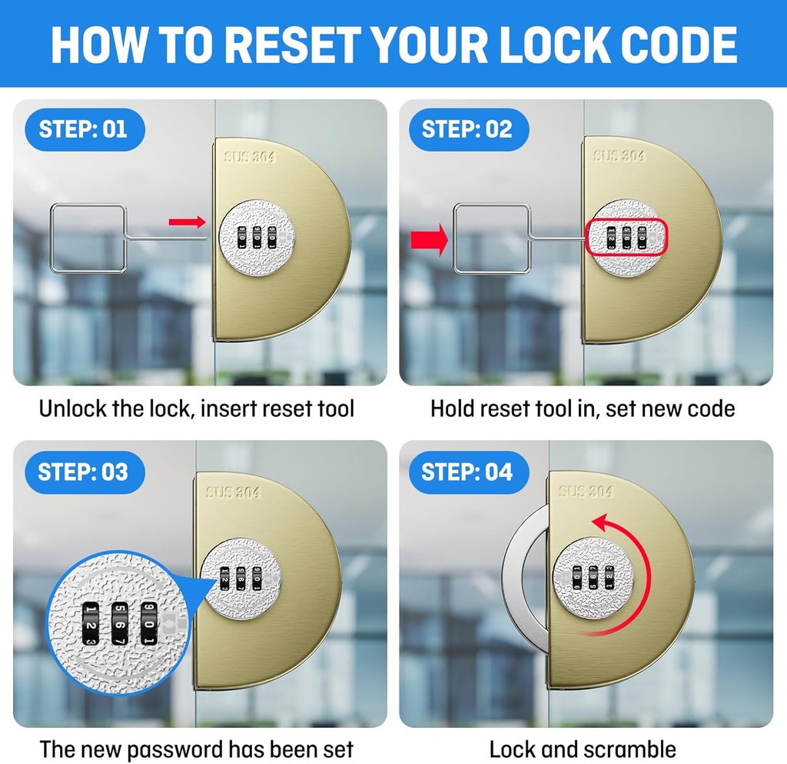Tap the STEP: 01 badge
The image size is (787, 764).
pyautogui.click(x=85, y=129)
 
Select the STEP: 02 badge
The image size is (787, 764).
pyautogui.click(x=469, y=129)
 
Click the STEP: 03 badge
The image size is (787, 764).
pyautogui.click(x=85, y=472)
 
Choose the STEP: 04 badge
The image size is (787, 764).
pyautogui.click(x=469, y=472)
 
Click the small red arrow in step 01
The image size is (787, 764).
pyautogui.click(x=188, y=222)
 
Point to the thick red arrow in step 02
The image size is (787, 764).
pyautogui.click(x=429, y=240)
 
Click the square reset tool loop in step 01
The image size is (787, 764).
pyautogui.click(x=51, y=238)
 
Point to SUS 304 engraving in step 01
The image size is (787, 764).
pyautogui.click(x=250, y=157)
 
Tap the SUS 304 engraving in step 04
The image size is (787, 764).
pyautogui.click(x=586, y=491)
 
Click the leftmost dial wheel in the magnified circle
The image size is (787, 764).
pyautogui.click(x=91, y=624)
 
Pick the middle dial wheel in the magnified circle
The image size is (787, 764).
pyautogui.click(x=119, y=624)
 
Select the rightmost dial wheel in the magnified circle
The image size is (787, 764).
pyautogui.click(x=148, y=624)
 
